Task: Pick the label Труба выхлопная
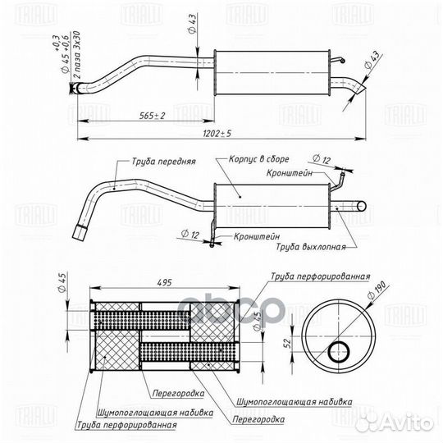[x=310, y=246]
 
